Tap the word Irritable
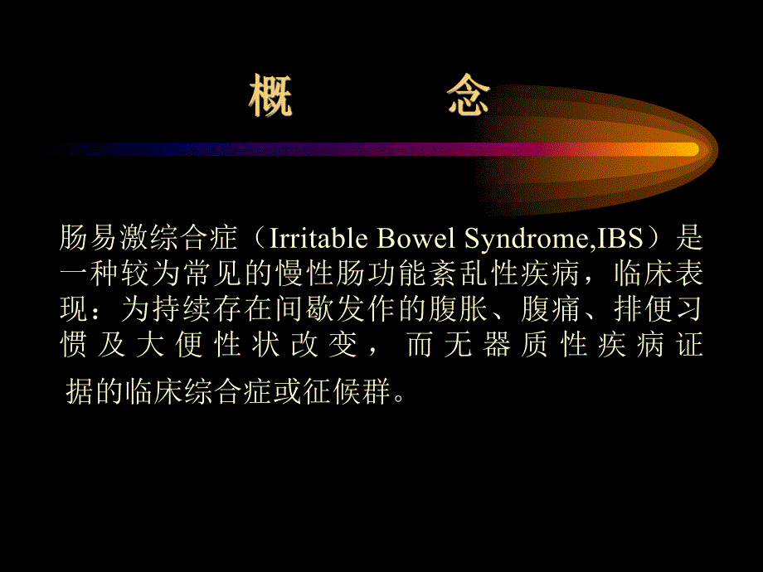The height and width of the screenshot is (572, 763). tap(312, 240)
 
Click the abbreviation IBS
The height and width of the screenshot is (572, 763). tap(618, 240)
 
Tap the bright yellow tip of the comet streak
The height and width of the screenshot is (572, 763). tap(684, 149)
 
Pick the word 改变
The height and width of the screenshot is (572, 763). tap(324, 346)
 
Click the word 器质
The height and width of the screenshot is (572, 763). tap(516, 346)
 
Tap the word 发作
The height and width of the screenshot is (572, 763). tap(381, 311)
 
